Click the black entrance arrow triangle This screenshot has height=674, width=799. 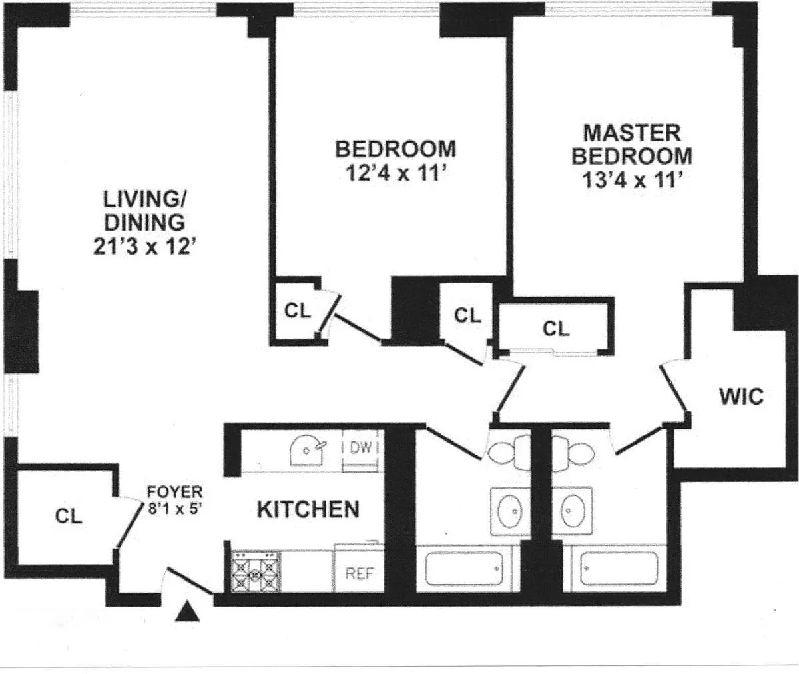click(187, 611)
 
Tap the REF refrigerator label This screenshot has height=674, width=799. click(360, 573)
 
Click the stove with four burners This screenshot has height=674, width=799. click(256, 571)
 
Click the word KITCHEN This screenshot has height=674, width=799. click(308, 509)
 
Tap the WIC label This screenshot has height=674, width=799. click(741, 397)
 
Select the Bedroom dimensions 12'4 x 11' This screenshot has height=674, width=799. click(396, 173)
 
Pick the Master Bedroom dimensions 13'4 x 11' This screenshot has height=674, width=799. click(632, 180)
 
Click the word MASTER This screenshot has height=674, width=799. click(632, 133)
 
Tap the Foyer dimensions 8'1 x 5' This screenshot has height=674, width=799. click(174, 509)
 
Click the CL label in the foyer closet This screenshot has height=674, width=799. click(69, 516)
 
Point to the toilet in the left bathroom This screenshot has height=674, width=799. click(509, 452)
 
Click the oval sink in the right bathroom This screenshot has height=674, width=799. click(573, 511)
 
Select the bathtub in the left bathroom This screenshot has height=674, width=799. click(464, 569)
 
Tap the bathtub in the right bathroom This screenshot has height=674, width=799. click(619, 569)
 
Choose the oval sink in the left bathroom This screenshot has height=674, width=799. click(510, 511)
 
